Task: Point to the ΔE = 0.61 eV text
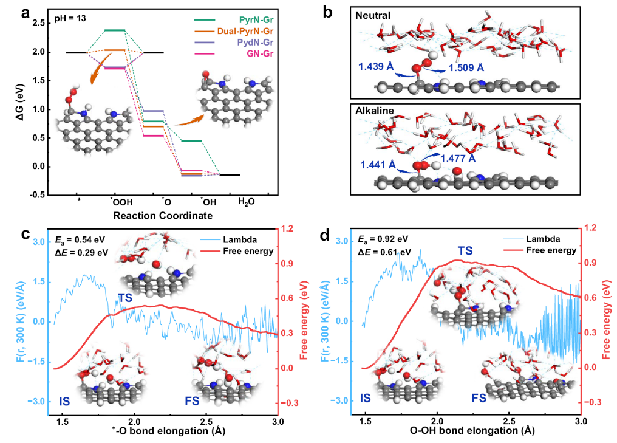tap(385, 251)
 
